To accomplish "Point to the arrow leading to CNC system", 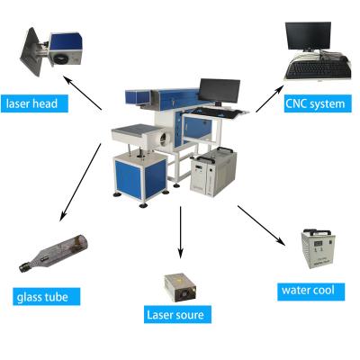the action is pyautogui.click(x=270, y=99).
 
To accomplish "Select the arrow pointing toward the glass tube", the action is pyautogui.click(x=80, y=183).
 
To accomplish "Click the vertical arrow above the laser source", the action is pyautogui.click(x=180, y=232).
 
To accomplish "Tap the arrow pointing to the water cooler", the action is pyautogui.click(x=261, y=226).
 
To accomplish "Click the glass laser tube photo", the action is pyautogui.click(x=53, y=254).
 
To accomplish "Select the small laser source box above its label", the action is pyautogui.click(x=181, y=287).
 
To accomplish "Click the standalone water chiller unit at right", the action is pyautogui.click(x=319, y=248).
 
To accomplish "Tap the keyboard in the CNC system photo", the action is pyautogui.click(x=318, y=69).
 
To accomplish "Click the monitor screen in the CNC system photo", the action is pyautogui.click(x=308, y=35).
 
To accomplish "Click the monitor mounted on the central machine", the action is pyautogui.click(x=220, y=91).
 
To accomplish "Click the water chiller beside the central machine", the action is pyautogui.click(x=213, y=172).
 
